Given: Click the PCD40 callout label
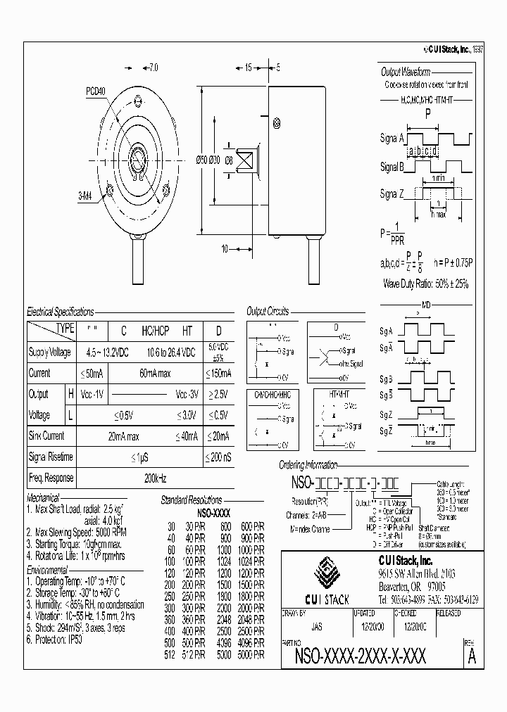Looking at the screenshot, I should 96,91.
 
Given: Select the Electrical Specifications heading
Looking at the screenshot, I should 60,311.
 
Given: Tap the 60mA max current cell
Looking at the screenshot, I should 156,373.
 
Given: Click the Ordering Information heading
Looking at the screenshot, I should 308,465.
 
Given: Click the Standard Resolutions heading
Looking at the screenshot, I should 192,500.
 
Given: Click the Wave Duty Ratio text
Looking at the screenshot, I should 426,284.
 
